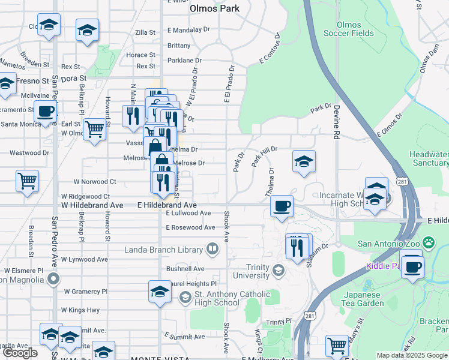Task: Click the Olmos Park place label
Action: (x=214, y=8)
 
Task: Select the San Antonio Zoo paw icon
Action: (x=428, y=243)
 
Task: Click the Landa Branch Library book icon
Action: (x=212, y=248)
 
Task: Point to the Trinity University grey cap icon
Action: (x=278, y=271)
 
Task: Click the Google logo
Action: (x=19, y=353)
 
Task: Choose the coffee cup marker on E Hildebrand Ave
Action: (x=282, y=207)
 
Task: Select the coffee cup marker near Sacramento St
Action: (x=45, y=112)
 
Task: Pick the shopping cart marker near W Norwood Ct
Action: (x=27, y=180)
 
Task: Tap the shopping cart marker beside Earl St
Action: (x=94, y=128)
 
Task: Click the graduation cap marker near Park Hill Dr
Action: (x=304, y=161)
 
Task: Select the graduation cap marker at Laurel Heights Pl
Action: (x=159, y=292)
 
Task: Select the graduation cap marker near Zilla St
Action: (x=87, y=30)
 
